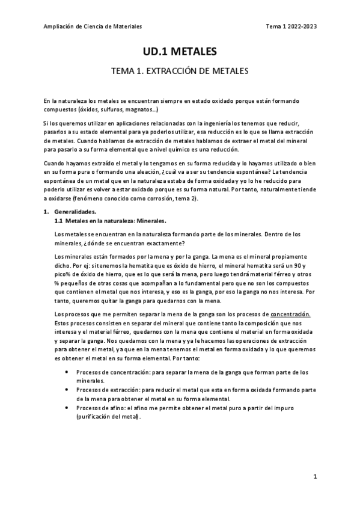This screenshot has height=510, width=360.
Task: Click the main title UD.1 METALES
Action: [x=180, y=52]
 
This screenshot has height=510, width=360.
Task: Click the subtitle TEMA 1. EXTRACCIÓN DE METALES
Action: [x=180, y=71]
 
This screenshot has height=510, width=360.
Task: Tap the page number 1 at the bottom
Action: [x=315, y=476]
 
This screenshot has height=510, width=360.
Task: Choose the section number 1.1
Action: [x=58, y=221]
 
